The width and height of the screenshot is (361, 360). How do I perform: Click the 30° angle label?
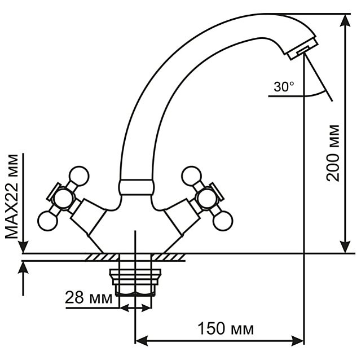(x=284, y=87)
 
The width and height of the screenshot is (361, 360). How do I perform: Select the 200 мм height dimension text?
(x=333, y=153)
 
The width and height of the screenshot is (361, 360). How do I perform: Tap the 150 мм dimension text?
(x=226, y=328)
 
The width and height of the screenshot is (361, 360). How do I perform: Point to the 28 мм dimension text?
(x=89, y=298)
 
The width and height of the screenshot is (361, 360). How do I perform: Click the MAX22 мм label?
(x=11, y=197)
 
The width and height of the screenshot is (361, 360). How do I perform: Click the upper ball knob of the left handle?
(x=79, y=176)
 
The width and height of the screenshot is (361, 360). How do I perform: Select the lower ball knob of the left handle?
(x=47, y=221)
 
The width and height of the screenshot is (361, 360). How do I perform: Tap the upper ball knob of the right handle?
(x=191, y=176)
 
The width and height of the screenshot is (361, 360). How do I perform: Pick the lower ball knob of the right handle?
(x=223, y=221)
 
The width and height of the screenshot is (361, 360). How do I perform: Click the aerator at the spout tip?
(x=303, y=49)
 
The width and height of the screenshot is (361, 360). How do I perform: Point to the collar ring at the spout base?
(x=136, y=187)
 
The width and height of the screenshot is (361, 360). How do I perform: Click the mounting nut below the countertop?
(x=135, y=282)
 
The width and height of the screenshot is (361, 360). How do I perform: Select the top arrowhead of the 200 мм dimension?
(x=345, y=20)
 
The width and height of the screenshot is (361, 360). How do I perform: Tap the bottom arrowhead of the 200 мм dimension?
(x=345, y=247)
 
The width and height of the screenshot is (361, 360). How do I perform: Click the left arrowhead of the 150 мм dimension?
(x=141, y=340)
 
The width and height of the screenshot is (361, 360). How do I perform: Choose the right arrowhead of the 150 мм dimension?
(x=298, y=340)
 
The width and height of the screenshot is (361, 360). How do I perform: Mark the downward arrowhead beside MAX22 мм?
(x=23, y=247)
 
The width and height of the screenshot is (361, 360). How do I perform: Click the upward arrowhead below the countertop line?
(x=23, y=267)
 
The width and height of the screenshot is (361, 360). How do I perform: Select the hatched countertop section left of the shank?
(x=103, y=257)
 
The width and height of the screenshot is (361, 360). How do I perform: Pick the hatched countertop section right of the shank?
(x=168, y=257)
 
